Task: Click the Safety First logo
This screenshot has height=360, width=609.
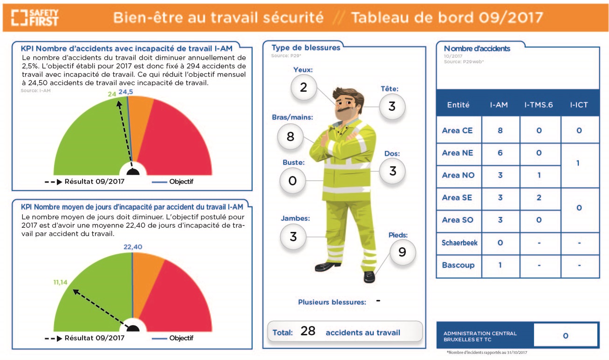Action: point(34,18)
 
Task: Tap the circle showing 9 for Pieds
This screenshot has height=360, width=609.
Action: point(403,252)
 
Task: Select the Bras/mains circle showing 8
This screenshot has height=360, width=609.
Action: point(290,136)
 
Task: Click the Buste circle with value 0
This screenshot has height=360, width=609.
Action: point(293,181)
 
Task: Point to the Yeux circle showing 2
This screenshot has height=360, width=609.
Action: point(304,87)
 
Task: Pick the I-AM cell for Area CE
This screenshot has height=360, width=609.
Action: point(500,130)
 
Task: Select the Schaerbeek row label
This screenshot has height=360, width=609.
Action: point(459,243)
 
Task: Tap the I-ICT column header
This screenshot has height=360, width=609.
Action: point(579,105)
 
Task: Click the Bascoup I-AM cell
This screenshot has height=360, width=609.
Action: point(500,265)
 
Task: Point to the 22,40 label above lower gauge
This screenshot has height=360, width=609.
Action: point(133,247)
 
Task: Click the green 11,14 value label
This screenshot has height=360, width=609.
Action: point(60,282)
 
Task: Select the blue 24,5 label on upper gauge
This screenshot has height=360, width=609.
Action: point(126,92)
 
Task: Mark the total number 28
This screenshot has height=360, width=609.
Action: point(308,331)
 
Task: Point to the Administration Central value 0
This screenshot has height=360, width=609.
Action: point(566,336)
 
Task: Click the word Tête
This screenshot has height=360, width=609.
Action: point(390,89)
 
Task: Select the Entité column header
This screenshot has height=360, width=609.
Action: point(458,105)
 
